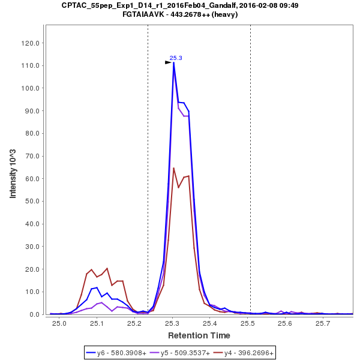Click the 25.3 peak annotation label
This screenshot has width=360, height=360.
[x=176, y=58]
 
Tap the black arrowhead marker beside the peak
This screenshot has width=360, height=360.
[x=169, y=62]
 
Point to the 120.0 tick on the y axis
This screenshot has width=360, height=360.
[x=31, y=43]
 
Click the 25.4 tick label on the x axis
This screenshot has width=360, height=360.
[x=210, y=323]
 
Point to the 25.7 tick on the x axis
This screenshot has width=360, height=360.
[x=323, y=323]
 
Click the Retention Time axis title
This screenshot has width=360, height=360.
[x=199, y=335]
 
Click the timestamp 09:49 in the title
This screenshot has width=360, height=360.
[x=289, y=5]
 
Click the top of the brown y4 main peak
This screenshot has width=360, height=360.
[x=173, y=168]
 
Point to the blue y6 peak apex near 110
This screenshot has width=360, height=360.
[x=173, y=62]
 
